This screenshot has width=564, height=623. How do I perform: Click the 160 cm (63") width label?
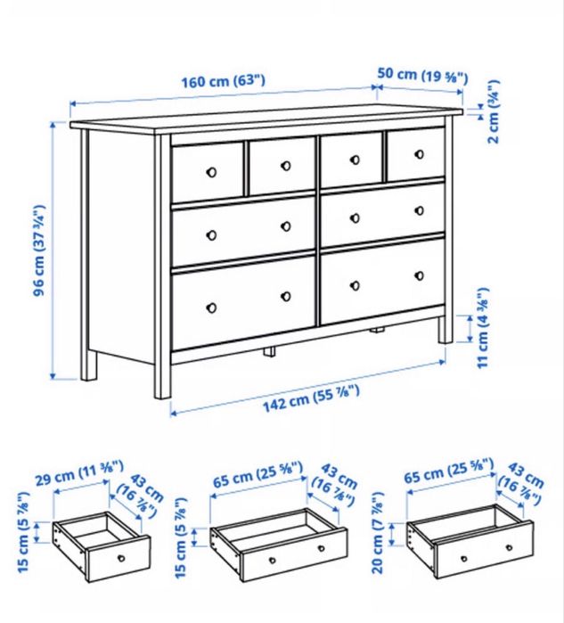pos(223,81)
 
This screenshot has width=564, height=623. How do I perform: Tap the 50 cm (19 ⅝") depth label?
pos(422,75)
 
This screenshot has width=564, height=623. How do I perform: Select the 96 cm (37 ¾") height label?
pos(40,250)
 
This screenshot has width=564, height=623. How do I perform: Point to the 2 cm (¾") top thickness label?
pos(494,111)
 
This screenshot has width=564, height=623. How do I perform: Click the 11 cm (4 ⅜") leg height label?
pos(483,328)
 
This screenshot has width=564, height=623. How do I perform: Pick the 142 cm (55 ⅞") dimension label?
pos(311,399)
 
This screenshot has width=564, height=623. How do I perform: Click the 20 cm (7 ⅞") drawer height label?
pos(378,532)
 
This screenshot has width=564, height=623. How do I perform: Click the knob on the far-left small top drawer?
pos(212,172)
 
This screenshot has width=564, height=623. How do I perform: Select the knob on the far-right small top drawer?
pos(420,154)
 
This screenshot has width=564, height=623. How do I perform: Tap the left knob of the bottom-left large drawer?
pos(212,307)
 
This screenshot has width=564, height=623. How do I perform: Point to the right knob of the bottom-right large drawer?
pos(420,275)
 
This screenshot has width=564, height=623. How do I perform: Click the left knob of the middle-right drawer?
pos(356,217)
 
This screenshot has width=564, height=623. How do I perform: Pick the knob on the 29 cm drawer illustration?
pos(121,558)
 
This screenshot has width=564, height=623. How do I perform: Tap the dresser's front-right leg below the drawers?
pos(445,330)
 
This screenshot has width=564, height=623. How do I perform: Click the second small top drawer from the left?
pos(282,165)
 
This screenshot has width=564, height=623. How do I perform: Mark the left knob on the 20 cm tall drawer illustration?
pos(464,559)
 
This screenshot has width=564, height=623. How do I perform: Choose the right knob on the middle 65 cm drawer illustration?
pos(321,549)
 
